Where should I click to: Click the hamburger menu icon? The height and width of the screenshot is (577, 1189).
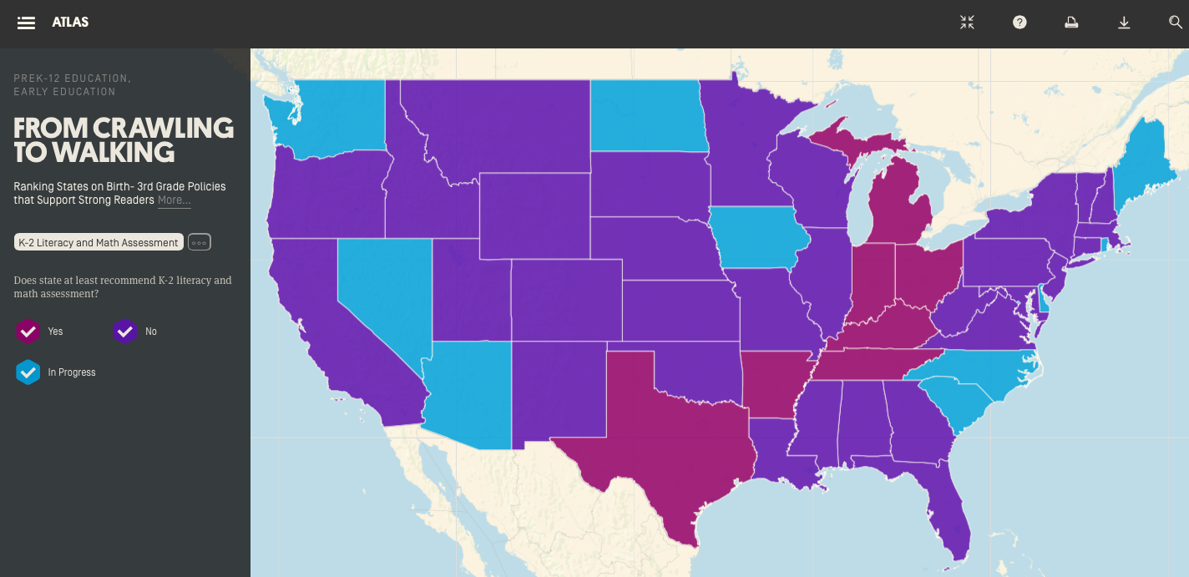26,23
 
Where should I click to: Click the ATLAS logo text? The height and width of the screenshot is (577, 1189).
70,23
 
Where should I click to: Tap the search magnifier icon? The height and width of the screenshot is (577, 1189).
1176,23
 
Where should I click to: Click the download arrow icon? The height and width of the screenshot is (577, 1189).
1124,23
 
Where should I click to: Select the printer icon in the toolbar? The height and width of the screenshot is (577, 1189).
1071,23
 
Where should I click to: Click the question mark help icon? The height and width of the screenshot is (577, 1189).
1020,23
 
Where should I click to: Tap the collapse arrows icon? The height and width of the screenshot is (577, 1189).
967,23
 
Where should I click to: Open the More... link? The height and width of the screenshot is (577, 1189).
174,200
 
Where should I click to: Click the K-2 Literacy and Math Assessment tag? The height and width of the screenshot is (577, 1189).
99,242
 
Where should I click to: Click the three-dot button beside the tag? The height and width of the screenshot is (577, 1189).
199,242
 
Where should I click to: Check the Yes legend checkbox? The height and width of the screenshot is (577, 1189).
28,332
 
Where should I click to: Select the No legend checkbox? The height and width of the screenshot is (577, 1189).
124,332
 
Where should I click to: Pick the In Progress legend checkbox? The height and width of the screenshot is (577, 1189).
28,372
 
